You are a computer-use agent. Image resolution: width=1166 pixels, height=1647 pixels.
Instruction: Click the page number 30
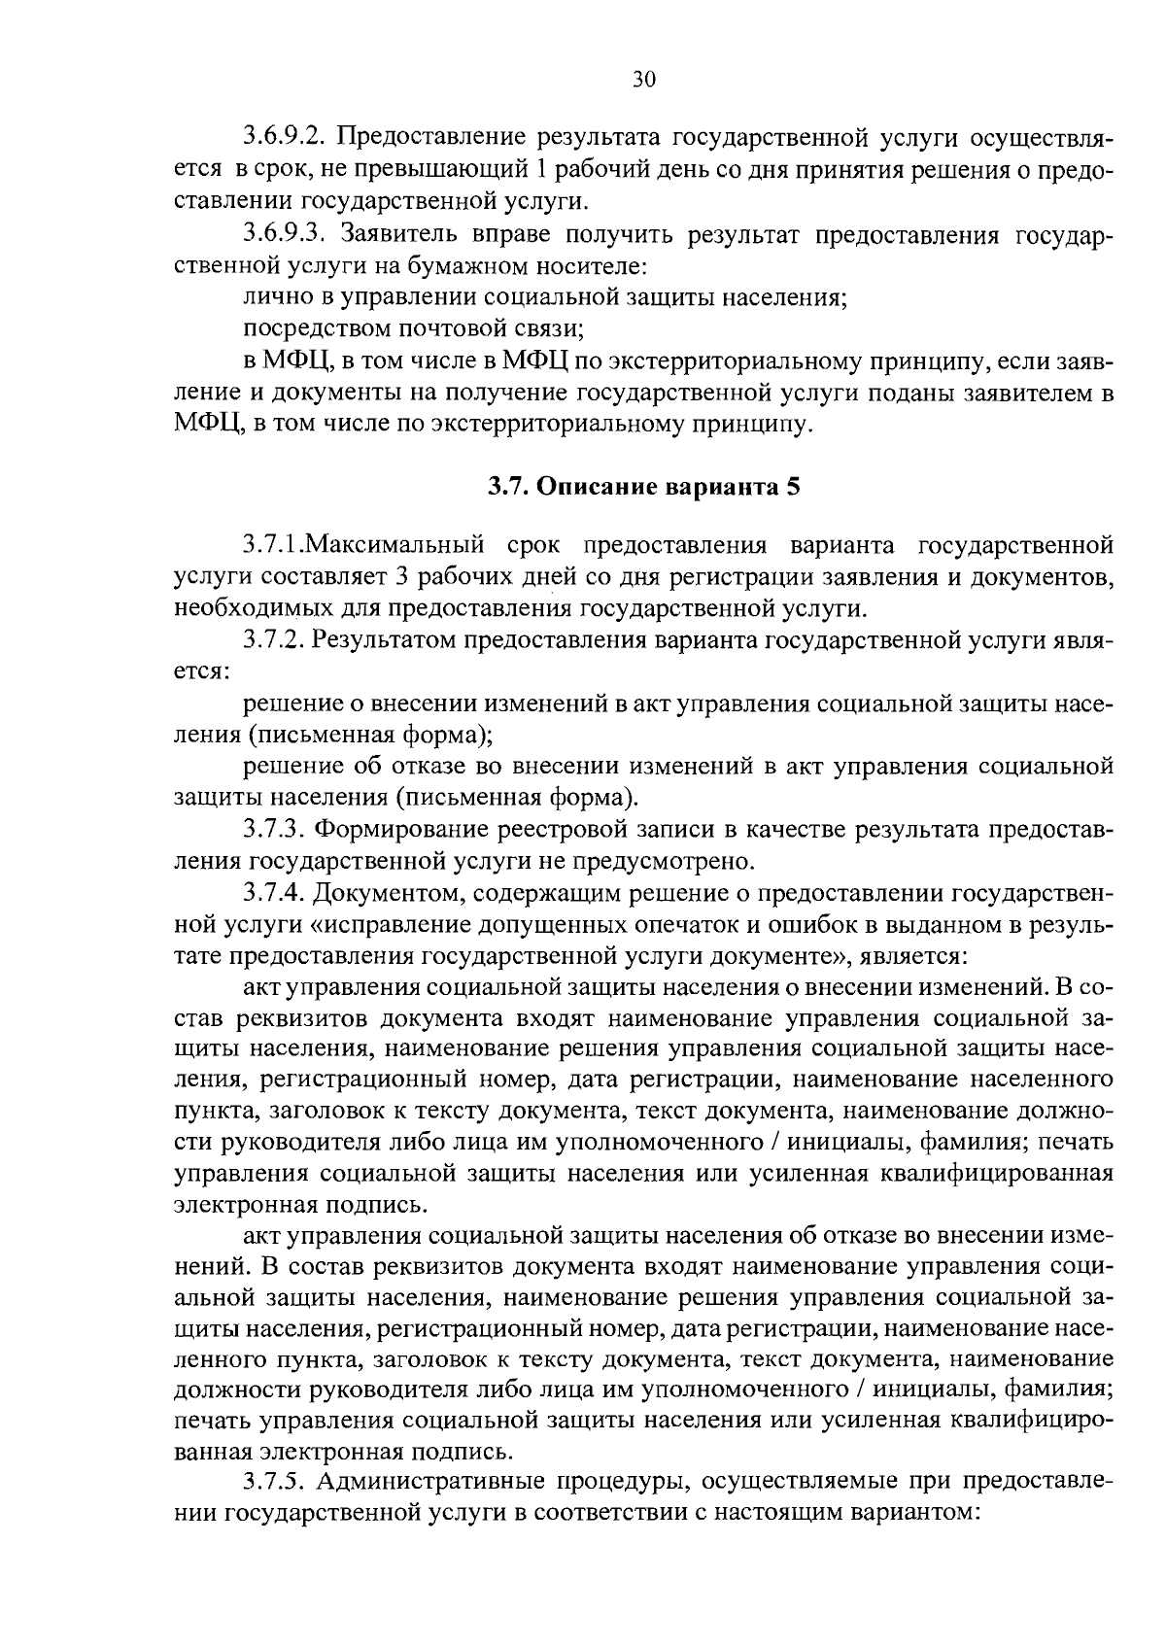pyautogui.click(x=644, y=80)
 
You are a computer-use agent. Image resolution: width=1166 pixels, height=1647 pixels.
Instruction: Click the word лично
pyautogui.click(x=270, y=297)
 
